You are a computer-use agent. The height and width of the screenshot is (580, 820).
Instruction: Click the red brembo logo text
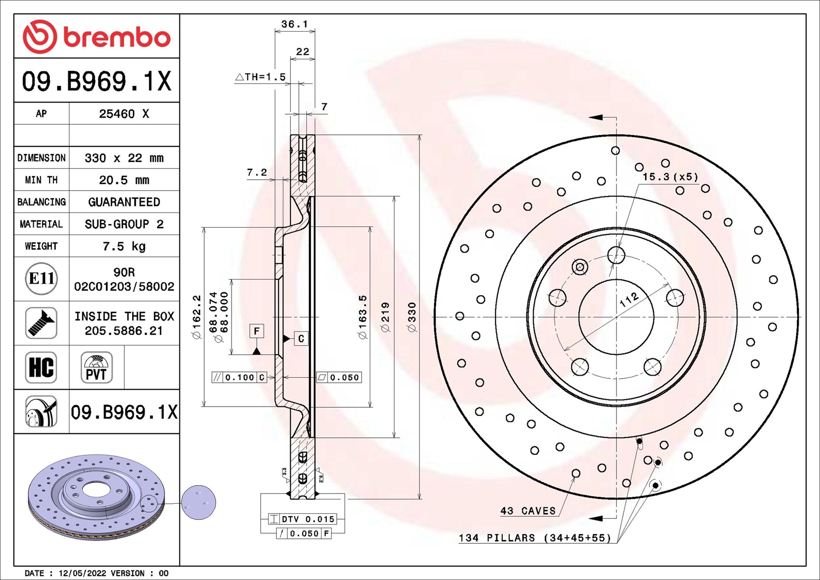pyautogui.click(x=117, y=37)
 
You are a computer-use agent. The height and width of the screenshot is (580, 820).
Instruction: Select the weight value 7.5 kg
pyautogui.click(x=124, y=246)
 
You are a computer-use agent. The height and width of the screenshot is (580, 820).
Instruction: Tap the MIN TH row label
pyautogui.click(x=41, y=180)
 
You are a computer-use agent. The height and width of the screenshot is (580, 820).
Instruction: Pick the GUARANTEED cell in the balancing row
pyautogui.click(x=124, y=202)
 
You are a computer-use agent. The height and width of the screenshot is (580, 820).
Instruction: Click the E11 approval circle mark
pyautogui.click(x=41, y=279)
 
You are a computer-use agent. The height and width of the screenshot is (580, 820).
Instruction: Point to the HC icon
pyautogui.click(x=41, y=367)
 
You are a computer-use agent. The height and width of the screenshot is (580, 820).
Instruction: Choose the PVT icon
pyautogui.click(x=97, y=367)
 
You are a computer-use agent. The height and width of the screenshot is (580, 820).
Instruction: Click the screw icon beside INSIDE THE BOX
pyautogui.click(x=41, y=323)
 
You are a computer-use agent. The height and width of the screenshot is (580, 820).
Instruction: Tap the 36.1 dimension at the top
pyautogui.click(x=295, y=24)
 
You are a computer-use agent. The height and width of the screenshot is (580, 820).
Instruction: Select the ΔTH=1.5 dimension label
pyautogui.click(x=260, y=77)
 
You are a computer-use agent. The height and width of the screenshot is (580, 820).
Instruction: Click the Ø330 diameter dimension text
pyautogui.click(x=412, y=318)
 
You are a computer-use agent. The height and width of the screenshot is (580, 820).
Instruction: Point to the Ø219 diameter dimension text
pyautogui.click(x=385, y=318)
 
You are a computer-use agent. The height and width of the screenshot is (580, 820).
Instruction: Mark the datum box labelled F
pyautogui.click(x=257, y=331)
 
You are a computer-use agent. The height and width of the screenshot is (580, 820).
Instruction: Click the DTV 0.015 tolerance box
pyautogui.click(x=302, y=519)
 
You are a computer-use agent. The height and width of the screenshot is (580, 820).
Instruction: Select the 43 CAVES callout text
pyautogui.click(x=528, y=511)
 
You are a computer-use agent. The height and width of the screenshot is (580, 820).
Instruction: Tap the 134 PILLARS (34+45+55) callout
pyautogui.click(x=535, y=538)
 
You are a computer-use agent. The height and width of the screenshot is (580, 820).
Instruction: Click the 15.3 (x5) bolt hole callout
pyautogui.click(x=671, y=177)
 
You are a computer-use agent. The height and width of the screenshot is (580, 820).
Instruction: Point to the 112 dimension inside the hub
pyautogui.click(x=629, y=299)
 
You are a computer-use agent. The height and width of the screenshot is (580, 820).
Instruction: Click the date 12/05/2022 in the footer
pyautogui.click(x=82, y=573)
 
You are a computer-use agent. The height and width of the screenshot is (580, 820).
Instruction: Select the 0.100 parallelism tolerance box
pyautogui.click(x=239, y=377)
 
